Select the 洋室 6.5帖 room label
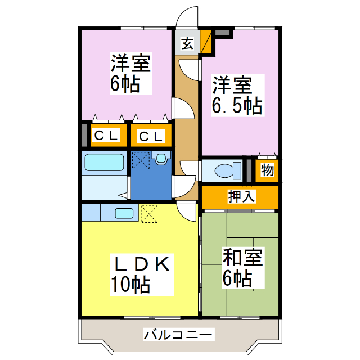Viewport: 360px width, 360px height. pos(237,96)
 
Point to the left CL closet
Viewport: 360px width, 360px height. pos(106,136)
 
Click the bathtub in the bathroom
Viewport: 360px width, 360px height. pos(104,163)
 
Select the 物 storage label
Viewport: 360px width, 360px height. pos(267,170)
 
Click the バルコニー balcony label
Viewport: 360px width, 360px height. pos(178,335)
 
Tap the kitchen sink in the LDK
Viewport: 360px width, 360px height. pos(124,213)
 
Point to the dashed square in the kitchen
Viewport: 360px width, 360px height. pos(149,213)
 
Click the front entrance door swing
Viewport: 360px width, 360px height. pos(187,17)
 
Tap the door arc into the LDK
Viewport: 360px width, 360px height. pos(184,211)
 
